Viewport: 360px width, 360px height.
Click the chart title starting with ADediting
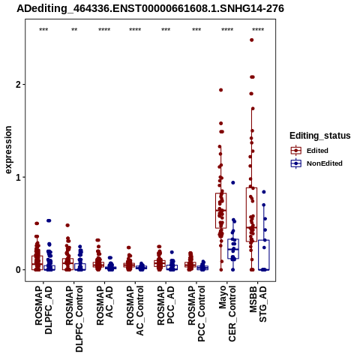[x=150, y=9]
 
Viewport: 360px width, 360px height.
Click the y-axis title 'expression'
[x=8, y=150]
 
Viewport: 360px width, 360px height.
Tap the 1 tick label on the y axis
[x=18, y=177]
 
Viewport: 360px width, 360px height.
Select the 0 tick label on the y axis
[x=18, y=270]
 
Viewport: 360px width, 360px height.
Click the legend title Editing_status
[x=320, y=136]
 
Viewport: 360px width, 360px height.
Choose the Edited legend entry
[x=317, y=151]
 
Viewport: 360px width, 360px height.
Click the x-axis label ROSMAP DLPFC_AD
[x=43, y=310]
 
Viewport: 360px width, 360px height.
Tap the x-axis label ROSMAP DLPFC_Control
[x=74, y=319]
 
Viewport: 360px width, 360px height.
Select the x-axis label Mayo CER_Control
[x=227, y=313]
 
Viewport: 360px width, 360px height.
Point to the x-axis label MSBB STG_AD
[x=258, y=304]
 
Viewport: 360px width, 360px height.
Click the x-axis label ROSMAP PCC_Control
[x=196, y=313]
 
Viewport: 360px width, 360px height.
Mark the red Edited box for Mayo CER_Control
[x=221, y=211]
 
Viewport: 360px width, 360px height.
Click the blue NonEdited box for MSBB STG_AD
[x=264, y=255]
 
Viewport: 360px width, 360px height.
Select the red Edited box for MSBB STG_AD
[x=251, y=214]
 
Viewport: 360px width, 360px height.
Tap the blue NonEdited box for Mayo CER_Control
[x=233, y=249]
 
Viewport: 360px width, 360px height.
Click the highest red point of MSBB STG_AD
[x=252, y=40]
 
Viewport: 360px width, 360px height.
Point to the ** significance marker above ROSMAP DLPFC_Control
[x=74, y=30]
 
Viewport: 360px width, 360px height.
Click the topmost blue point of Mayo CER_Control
[x=233, y=183]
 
